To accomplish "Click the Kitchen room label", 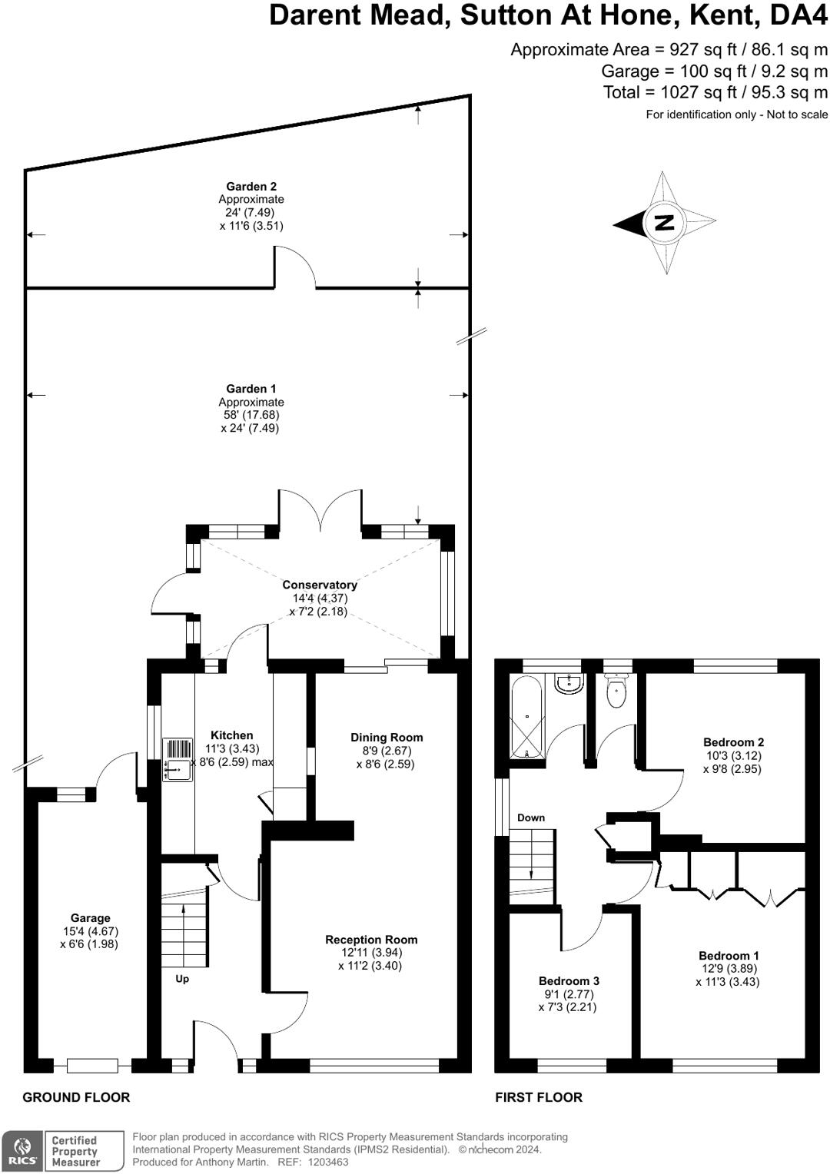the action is (x=232, y=735).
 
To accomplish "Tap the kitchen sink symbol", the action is (x=178, y=760).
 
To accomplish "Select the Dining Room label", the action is (x=387, y=738).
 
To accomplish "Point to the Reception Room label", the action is (x=370, y=940).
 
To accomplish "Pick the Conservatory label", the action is (x=319, y=585).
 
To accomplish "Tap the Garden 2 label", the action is (x=251, y=186).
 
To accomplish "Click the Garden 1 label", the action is (x=251, y=388).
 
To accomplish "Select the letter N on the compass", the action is (x=664, y=223).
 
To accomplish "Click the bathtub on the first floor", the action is (x=526, y=716).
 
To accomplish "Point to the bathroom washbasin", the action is (x=569, y=684).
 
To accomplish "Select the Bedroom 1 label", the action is (x=729, y=956).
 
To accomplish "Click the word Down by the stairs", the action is (x=530, y=817).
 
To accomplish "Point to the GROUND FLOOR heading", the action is (x=76, y=1097).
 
